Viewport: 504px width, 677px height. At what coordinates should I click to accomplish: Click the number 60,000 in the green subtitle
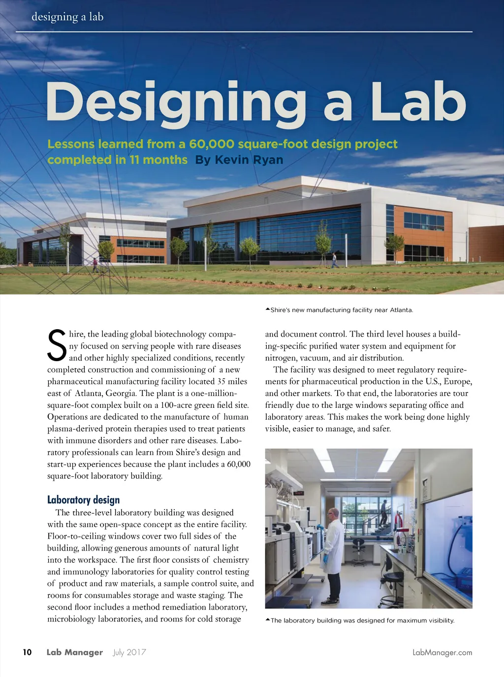click(x=212, y=144)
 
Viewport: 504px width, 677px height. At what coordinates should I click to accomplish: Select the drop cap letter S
click(x=57, y=345)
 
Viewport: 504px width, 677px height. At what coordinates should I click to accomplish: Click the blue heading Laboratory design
click(x=84, y=500)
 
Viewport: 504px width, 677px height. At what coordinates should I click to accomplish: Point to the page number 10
click(x=27, y=652)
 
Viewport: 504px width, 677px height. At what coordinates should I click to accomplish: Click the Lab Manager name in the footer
click(x=75, y=652)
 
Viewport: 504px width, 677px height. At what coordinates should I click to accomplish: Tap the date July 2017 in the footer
click(x=129, y=652)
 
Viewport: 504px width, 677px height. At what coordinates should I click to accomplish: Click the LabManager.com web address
click(x=442, y=652)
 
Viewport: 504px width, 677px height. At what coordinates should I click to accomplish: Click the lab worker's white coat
click(x=333, y=546)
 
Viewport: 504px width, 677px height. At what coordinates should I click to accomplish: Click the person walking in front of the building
click(x=335, y=260)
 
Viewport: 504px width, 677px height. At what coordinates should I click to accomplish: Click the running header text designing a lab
click(x=67, y=17)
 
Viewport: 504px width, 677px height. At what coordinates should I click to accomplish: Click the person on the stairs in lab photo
click(x=383, y=512)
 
